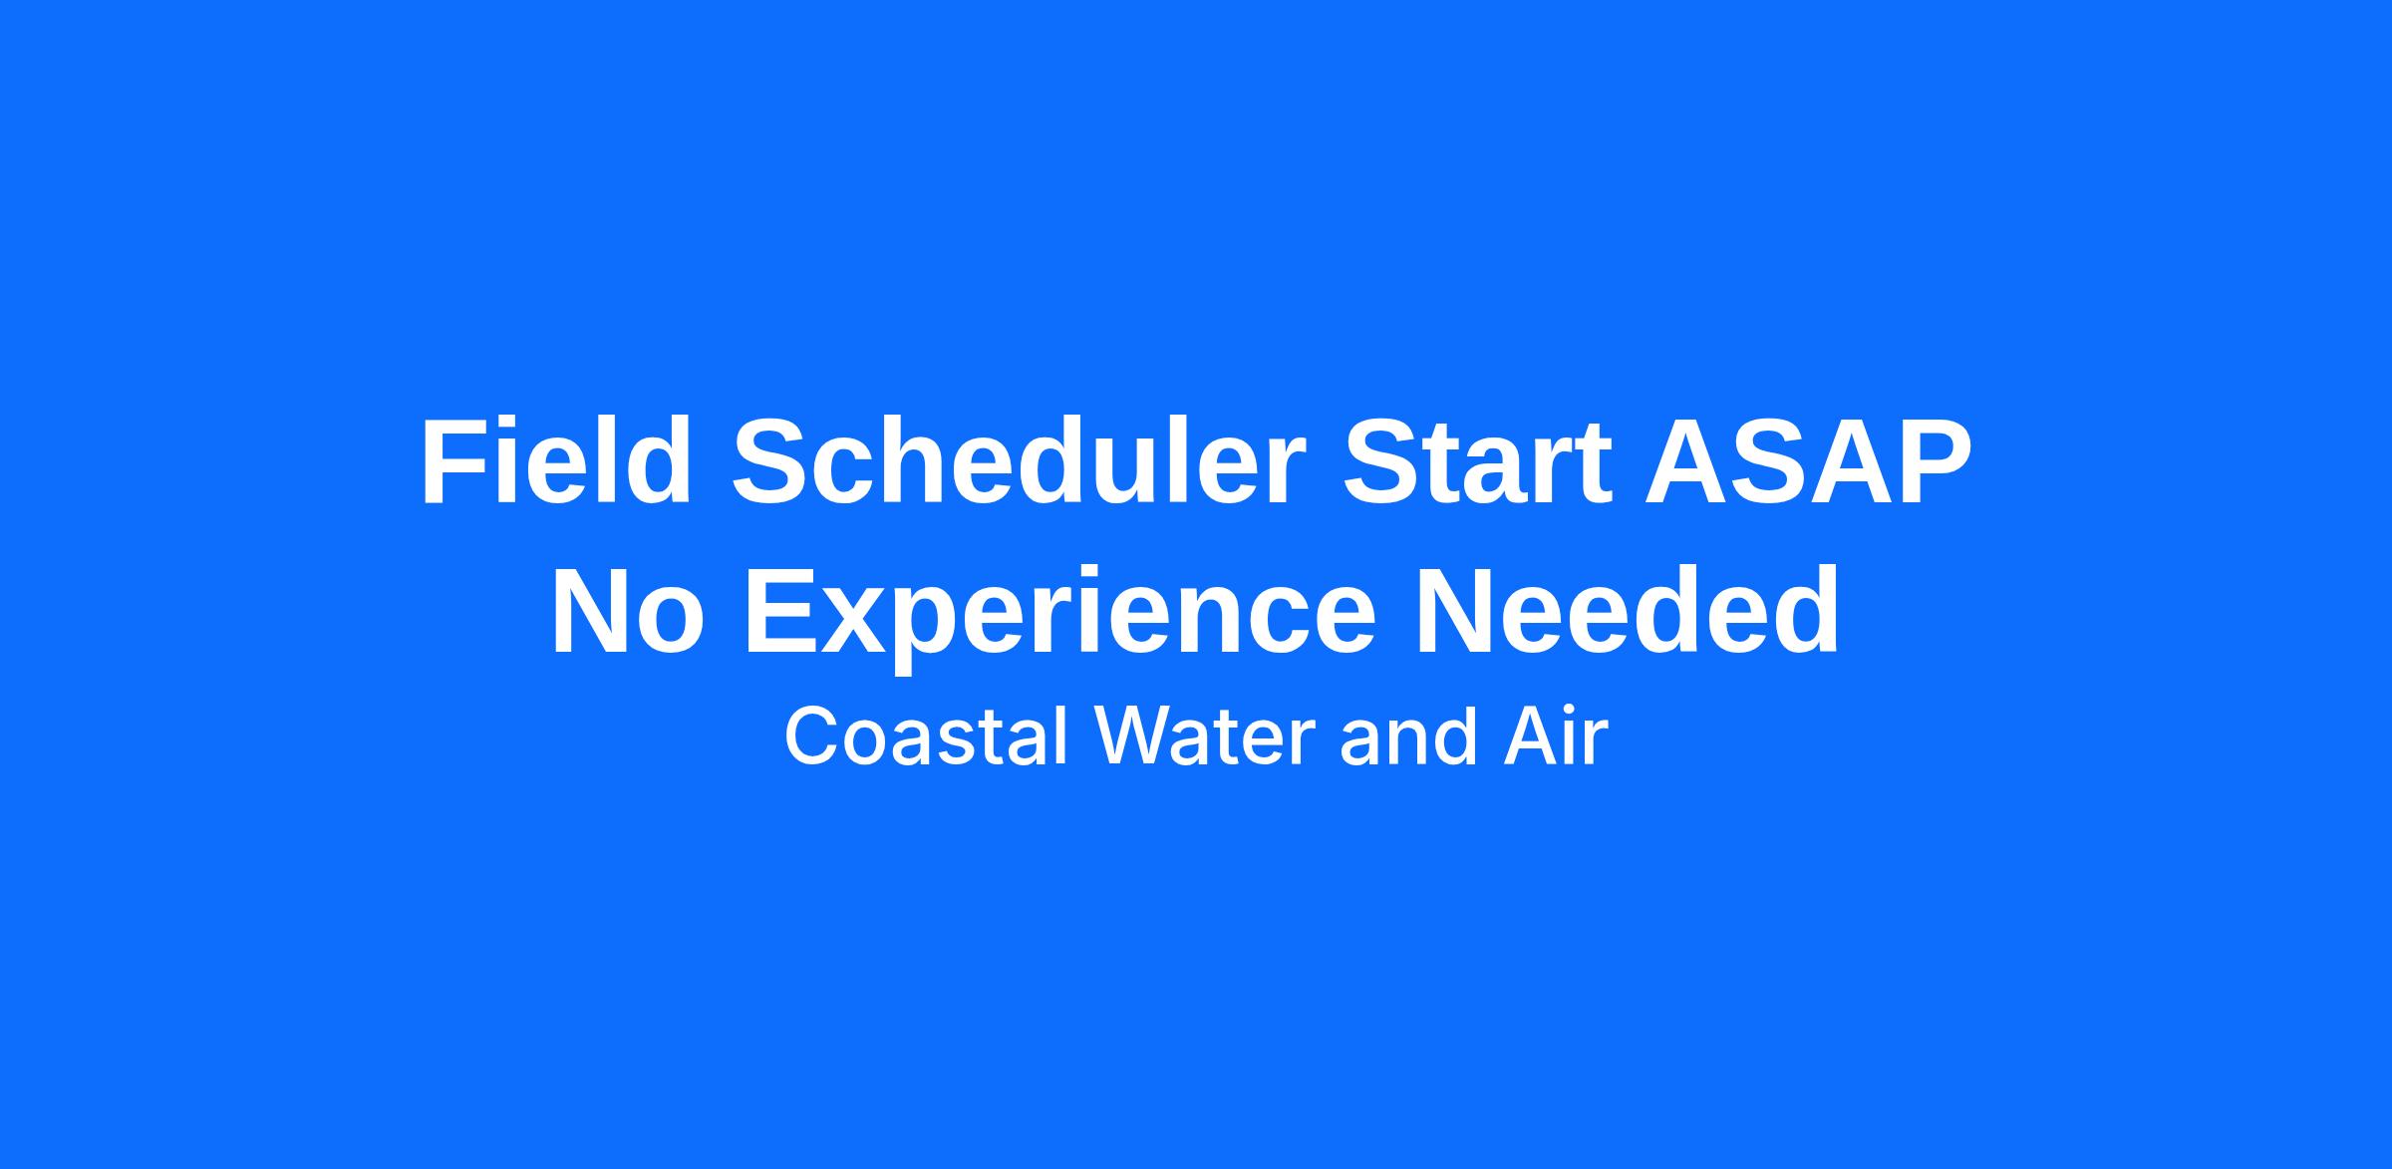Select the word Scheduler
pos(1019,462)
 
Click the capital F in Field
pos(454,462)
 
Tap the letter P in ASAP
pos(1935,462)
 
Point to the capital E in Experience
pos(781,611)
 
